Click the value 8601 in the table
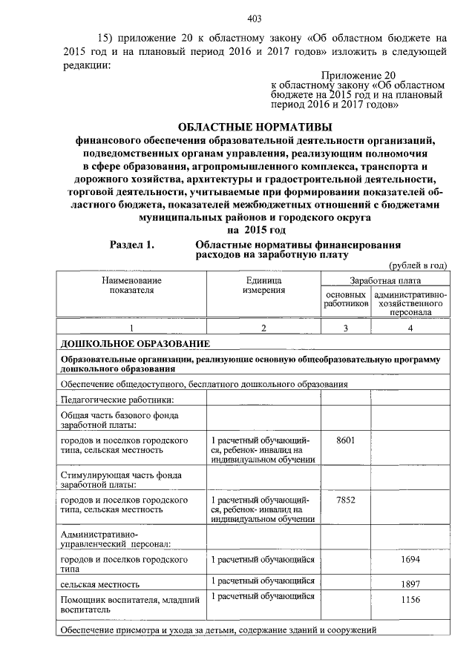tap(346, 440)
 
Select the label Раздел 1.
tap(132, 245)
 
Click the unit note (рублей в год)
tap(418, 265)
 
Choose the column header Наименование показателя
tap(132, 286)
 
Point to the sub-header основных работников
tap(346, 300)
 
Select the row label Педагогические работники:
tap(106, 398)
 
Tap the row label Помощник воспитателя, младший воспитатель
tap(122, 603)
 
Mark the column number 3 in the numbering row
tap(346, 328)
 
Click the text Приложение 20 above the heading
tap(355, 75)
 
